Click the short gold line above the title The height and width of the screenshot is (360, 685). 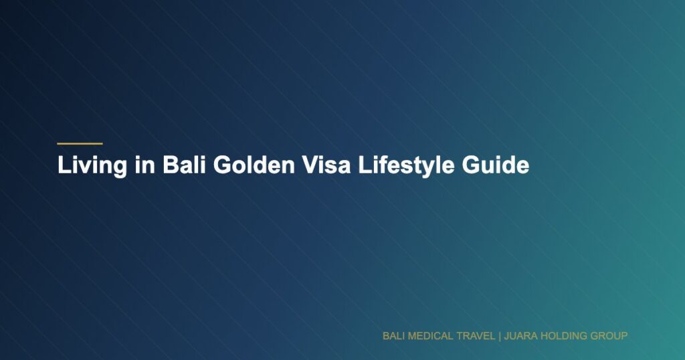coord(80,143)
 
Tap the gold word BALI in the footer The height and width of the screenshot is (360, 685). coord(393,335)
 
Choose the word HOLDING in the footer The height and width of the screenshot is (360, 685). coord(563,335)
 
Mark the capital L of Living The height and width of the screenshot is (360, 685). coord(63,165)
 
